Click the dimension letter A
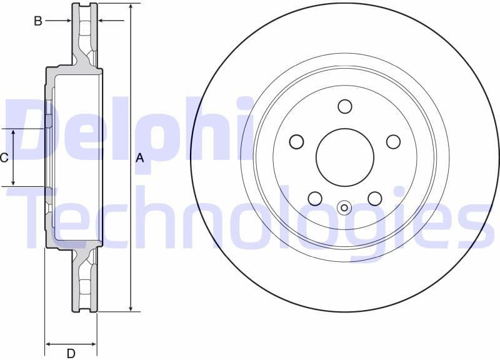(x=140, y=158)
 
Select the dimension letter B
(x=38, y=21)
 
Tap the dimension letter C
(x=4, y=157)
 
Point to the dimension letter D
(x=71, y=353)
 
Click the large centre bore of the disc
(x=344, y=157)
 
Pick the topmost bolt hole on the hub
(x=345, y=106)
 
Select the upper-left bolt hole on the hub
(x=296, y=142)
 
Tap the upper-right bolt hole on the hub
(x=393, y=142)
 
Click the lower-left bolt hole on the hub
(x=315, y=199)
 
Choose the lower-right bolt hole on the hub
(x=374, y=199)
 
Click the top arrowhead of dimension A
(x=131, y=7)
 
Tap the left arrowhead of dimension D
(x=49, y=344)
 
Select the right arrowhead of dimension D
(x=93, y=344)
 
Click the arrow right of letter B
(x=67, y=21)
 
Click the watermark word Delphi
(x=125, y=131)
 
